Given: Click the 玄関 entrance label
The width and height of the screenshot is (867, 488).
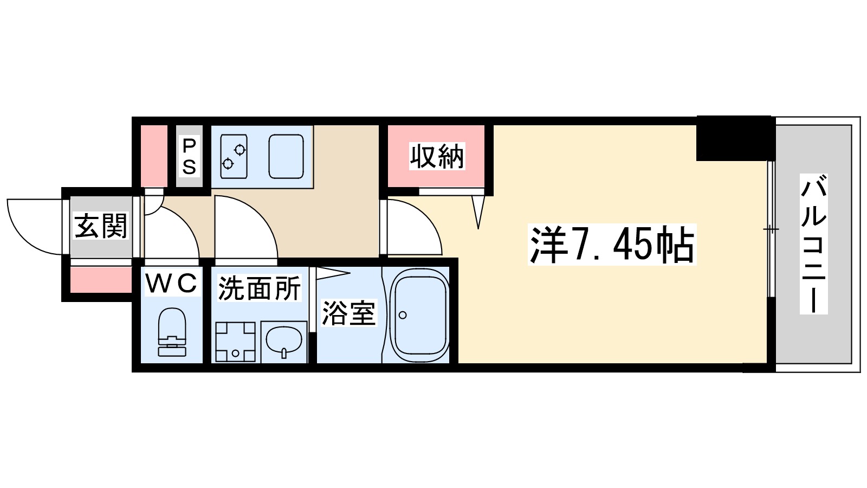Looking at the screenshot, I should click(101, 226).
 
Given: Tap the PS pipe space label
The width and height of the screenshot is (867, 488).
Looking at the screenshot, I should click(189, 157).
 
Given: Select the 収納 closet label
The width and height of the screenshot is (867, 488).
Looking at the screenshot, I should click(437, 157).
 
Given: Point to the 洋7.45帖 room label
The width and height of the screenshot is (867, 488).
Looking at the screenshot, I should click(611, 245).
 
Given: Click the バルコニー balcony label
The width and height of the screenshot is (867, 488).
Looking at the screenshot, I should click(813, 243).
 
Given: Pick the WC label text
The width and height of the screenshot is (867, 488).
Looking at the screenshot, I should click(171, 283).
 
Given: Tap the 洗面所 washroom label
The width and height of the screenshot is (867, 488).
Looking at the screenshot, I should click(259, 289).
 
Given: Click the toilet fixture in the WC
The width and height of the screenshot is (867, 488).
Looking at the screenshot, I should click(172, 332).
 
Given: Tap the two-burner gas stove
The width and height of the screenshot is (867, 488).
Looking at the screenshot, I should click(234, 156).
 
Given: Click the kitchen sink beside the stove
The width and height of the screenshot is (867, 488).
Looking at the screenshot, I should click(286, 156).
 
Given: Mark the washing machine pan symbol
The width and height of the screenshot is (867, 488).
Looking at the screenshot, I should click(235, 342).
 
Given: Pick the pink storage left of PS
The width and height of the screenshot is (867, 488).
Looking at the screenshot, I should click(154, 156).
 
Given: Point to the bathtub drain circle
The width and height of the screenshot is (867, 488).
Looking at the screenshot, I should click(403, 314).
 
